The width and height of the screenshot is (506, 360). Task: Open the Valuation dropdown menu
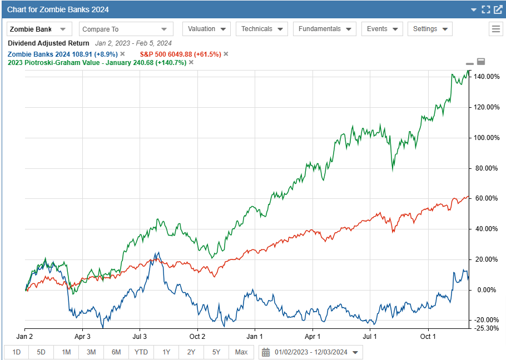point(206,29)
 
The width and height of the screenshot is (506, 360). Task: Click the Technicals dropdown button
point(261,29)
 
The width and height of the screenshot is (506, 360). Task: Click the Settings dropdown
point(429,29)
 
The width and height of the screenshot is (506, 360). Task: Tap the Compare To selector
point(125,29)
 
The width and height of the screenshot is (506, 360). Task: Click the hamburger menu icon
point(496,29)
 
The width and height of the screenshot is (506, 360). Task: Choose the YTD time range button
point(141,352)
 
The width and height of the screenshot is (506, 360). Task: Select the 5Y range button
point(216,352)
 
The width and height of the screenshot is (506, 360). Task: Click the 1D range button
point(16,352)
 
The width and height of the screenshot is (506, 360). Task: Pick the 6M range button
point(116,352)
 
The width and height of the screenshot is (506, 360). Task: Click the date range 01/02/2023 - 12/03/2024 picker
point(310,352)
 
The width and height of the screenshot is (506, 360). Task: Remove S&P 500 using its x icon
point(226,54)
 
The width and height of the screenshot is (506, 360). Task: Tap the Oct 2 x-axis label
point(197,337)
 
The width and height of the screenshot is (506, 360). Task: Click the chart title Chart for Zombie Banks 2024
point(58,9)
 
